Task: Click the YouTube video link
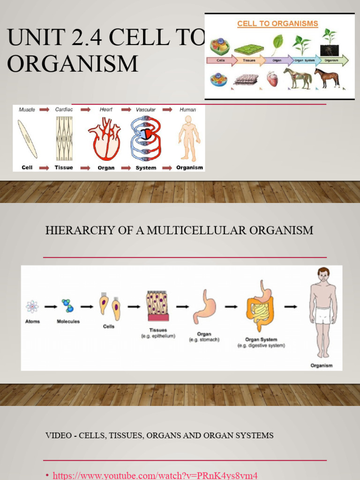tap(155, 475)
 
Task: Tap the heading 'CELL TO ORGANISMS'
tap(277, 23)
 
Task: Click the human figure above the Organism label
tap(189, 138)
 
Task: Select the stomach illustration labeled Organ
tap(204, 307)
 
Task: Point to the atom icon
tap(32, 307)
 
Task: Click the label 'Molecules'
tap(68, 322)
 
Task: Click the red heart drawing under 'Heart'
tap(105, 139)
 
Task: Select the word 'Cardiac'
tap(64, 110)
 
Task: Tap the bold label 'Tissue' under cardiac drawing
tap(64, 167)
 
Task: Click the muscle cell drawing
tap(28, 139)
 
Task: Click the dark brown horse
tap(327, 77)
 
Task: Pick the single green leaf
tap(277, 45)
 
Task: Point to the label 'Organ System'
tap(261, 339)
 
